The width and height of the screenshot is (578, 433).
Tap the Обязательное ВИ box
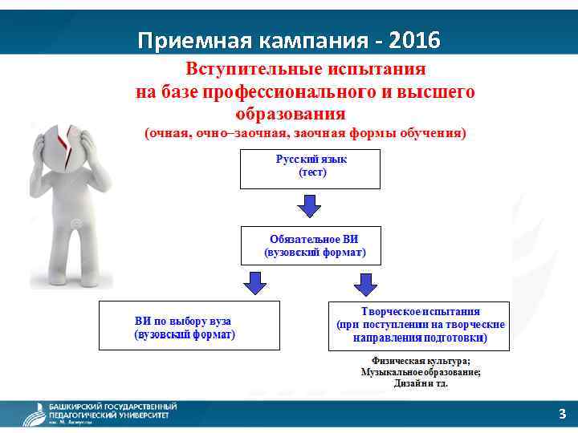click(311, 245)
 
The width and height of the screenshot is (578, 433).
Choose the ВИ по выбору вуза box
click(189, 325)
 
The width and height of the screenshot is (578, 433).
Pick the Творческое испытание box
click(418, 325)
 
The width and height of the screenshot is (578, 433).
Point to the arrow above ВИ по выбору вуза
click(255, 283)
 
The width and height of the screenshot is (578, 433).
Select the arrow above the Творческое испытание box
click(365, 283)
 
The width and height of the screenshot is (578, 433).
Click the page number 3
click(562, 414)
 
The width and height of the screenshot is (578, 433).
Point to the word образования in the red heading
click(291, 113)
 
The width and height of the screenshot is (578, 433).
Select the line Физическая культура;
click(421, 361)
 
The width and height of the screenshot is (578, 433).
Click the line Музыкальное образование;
click(421, 372)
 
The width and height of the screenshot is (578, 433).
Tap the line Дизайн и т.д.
click(421, 383)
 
